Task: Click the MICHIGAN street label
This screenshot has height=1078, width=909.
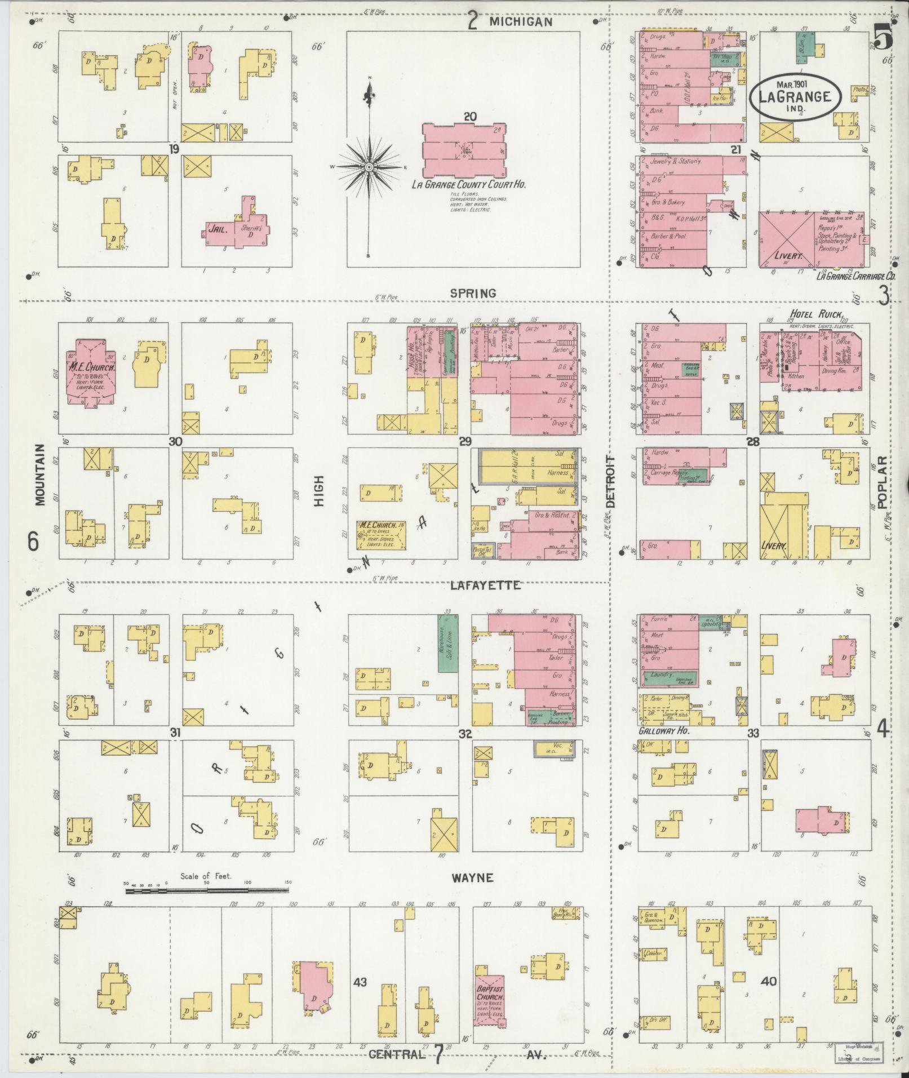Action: coord(520,22)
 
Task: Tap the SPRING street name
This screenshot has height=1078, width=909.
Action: coord(473,293)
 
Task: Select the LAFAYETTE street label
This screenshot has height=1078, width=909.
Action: coord(485,585)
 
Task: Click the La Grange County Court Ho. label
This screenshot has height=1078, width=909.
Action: coord(468,184)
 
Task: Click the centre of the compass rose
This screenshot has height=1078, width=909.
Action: coord(369,167)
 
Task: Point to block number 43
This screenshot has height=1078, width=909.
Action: coord(360,982)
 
